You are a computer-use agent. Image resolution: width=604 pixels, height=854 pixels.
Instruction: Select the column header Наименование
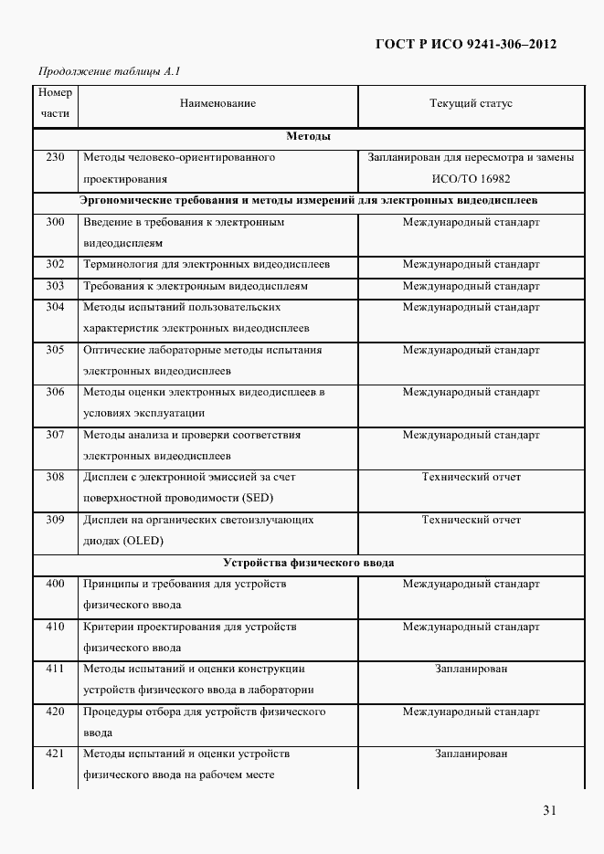[217, 104]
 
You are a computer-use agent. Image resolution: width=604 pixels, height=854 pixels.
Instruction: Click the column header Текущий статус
[471, 104]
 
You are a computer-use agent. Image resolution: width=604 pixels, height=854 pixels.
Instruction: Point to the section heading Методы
[308, 136]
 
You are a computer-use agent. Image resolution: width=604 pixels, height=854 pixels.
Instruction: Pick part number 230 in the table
[55, 157]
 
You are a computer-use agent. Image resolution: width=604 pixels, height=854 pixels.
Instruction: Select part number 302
[55, 264]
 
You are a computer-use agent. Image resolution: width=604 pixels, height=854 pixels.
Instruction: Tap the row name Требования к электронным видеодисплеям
[195, 286]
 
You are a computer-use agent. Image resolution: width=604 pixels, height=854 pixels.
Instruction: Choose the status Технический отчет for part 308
[471, 477]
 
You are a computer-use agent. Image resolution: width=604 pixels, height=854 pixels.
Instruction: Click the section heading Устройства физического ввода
[308, 562]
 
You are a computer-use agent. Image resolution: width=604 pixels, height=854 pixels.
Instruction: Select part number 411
[55, 669]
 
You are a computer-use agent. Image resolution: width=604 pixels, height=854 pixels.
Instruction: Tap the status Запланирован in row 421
[471, 754]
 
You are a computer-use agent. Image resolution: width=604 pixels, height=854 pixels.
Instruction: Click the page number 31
[548, 810]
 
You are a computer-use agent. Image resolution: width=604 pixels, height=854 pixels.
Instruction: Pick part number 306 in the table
[55, 392]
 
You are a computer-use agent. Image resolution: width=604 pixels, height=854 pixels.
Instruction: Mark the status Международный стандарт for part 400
[471, 584]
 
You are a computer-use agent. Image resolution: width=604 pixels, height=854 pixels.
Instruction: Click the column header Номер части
[55, 104]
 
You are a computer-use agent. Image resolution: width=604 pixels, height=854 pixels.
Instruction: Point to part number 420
[55, 711]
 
